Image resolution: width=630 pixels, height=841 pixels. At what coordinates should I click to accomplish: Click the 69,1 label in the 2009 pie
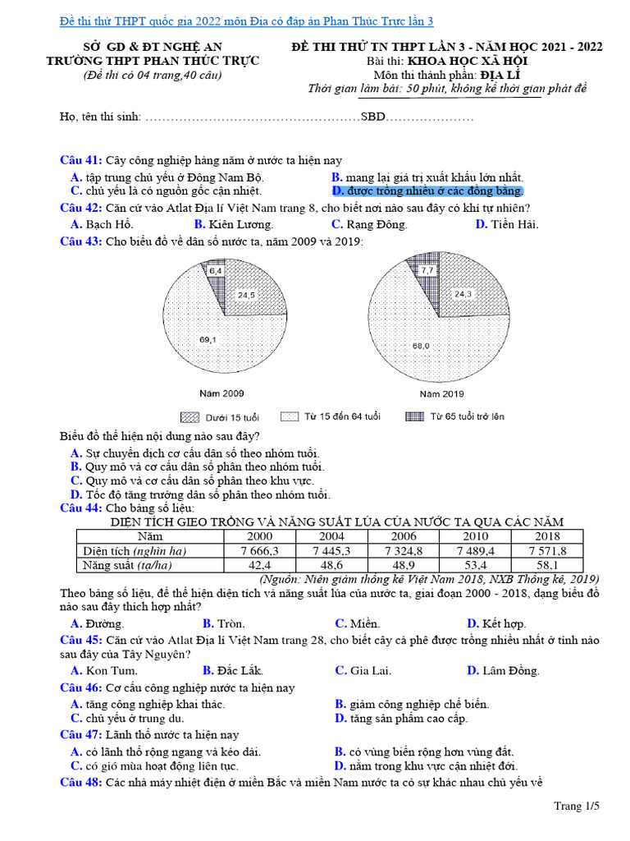point(208,339)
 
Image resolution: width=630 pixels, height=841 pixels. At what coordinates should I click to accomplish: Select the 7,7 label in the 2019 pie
point(427,269)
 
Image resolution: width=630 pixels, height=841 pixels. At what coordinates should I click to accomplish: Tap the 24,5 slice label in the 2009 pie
point(247,294)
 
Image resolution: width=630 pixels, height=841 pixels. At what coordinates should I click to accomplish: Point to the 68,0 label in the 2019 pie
point(421,346)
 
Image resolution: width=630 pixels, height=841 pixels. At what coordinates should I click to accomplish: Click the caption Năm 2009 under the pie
point(221,393)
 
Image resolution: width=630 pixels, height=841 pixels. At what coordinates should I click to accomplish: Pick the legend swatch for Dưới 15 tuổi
point(189,416)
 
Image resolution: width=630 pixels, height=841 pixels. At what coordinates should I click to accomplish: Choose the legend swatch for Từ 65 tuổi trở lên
point(414,416)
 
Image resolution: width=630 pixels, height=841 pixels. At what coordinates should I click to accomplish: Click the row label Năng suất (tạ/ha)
point(130,565)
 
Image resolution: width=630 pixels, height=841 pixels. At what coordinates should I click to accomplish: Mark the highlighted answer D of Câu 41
point(427,191)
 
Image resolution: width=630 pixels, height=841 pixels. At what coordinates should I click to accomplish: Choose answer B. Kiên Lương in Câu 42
point(234,224)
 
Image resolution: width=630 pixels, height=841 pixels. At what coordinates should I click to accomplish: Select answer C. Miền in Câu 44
point(357,623)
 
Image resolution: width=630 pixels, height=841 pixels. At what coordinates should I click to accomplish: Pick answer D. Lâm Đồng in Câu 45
point(503,670)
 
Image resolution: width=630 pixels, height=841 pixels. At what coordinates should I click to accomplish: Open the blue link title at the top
point(247,21)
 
